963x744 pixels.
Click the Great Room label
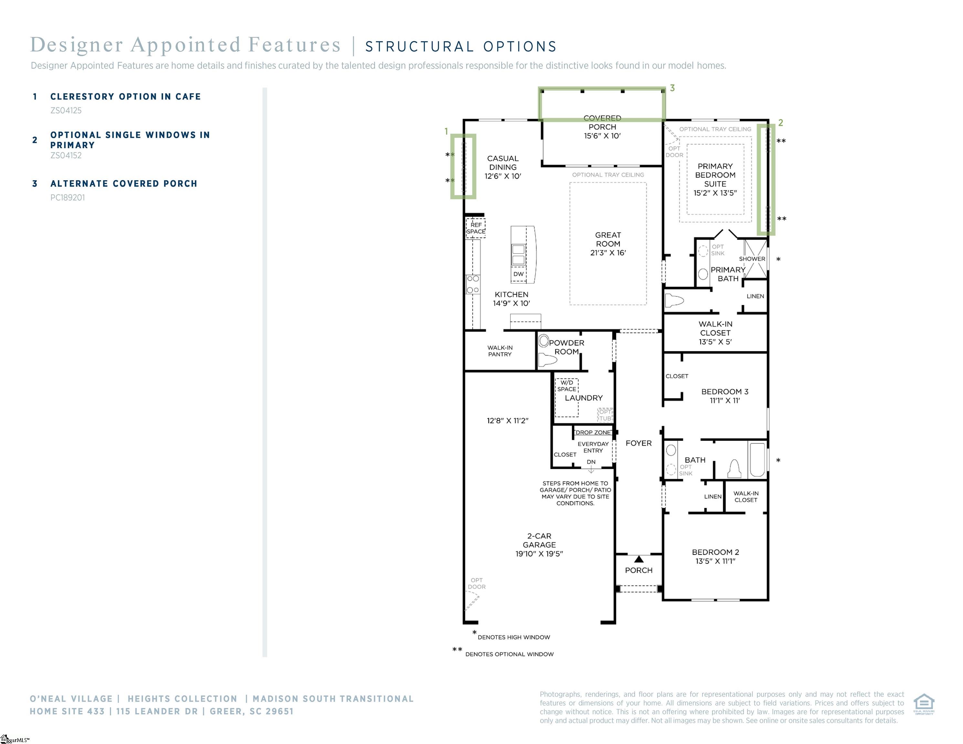coord(608,239)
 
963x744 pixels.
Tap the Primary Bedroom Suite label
coord(715,175)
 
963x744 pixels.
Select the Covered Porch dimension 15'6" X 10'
coord(602,136)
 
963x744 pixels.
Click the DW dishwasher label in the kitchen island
coord(518,274)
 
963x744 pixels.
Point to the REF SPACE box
coord(476,228)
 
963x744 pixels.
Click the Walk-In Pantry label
coord(499,351)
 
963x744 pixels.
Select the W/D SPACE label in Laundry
coord(567,386)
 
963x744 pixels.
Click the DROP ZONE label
coord(593,432)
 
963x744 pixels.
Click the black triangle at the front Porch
coord(639,559)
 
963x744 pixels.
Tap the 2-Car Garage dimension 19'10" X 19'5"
coord(539,553)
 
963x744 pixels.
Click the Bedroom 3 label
coord(725,391)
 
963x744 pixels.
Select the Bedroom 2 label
coord(715,552)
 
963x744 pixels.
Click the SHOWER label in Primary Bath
coord(752,259)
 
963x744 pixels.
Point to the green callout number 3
coord(672,88)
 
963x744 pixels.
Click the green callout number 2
coord(780,122)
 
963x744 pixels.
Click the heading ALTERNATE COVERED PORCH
coord(124,183)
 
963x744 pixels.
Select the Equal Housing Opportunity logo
coord(924,704)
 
